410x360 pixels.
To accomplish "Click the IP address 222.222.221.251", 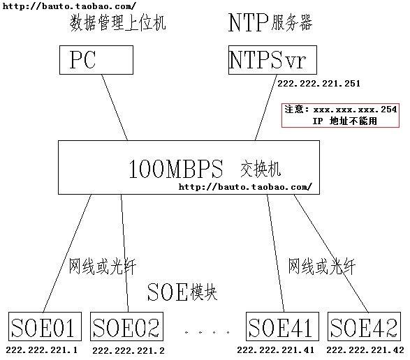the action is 319,84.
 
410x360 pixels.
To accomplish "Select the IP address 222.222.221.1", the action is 42,350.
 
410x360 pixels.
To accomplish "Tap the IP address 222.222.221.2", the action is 129,351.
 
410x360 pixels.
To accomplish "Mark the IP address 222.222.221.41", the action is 276,350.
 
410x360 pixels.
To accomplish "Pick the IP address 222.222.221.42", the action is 365,350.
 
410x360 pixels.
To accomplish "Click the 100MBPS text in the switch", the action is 176,169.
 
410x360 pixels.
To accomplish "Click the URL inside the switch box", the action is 245,187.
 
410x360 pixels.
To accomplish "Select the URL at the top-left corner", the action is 69,6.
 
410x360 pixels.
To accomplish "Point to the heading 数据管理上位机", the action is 117,23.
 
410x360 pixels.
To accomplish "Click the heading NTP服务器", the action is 270,23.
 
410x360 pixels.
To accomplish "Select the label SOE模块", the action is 182,292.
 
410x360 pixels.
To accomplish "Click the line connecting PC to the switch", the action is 115,107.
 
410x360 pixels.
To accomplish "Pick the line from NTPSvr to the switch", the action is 266,107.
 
